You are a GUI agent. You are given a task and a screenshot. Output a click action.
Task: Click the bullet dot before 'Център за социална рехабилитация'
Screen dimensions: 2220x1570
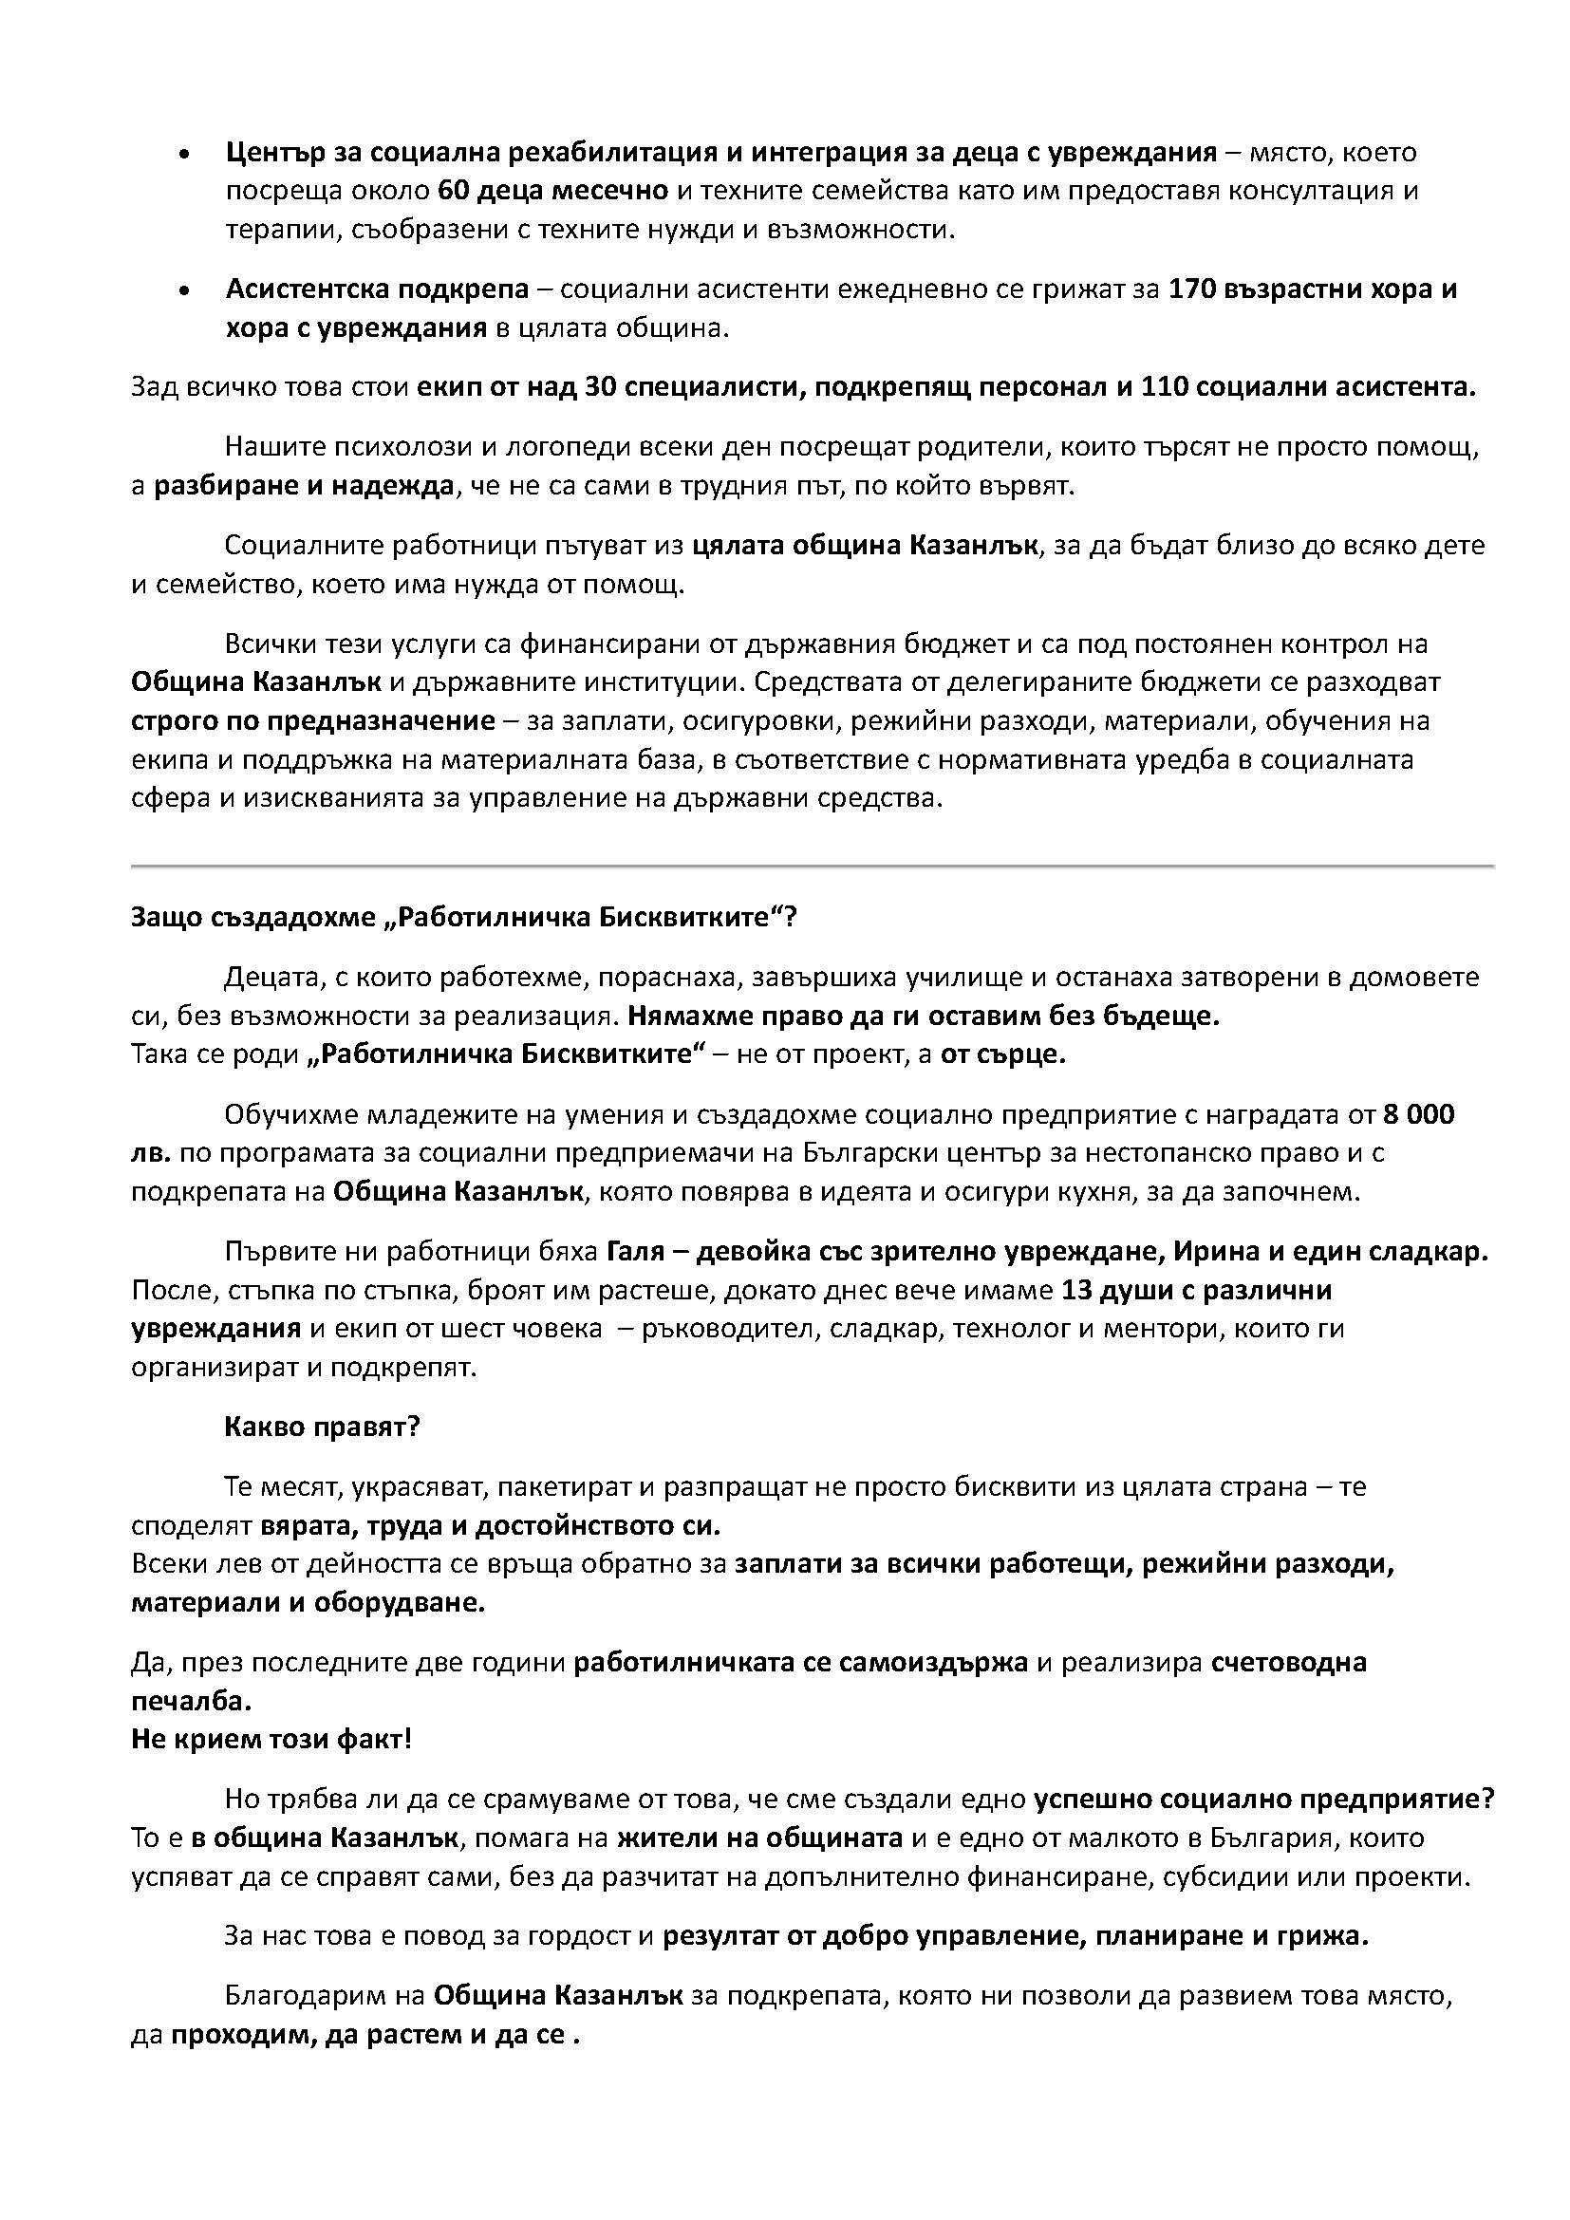pos(185,155)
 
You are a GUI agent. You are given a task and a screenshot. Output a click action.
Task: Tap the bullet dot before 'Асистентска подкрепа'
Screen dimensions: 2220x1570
pos(185,291)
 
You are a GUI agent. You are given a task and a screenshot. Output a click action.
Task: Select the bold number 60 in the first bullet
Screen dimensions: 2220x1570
pos(454,191)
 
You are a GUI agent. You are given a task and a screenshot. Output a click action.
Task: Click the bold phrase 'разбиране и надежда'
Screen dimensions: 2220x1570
pos(304,485)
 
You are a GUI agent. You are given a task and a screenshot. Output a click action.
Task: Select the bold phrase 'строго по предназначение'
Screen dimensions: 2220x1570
pos(313,721)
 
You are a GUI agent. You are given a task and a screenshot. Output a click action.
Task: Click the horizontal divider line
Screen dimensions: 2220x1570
pos(813,866)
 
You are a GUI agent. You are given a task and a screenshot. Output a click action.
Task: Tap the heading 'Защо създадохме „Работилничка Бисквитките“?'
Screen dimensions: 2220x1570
pos(464,917)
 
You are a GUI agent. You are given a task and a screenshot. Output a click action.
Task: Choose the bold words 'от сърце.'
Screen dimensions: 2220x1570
pos(1003,1054)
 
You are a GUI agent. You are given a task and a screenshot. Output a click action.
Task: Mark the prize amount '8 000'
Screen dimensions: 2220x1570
pos(1418,1115)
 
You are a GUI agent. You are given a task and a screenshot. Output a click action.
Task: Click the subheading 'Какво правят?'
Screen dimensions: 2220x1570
pos(322,1427)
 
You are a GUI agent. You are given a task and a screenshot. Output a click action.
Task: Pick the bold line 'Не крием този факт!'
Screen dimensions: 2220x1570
pos(271,1740)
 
